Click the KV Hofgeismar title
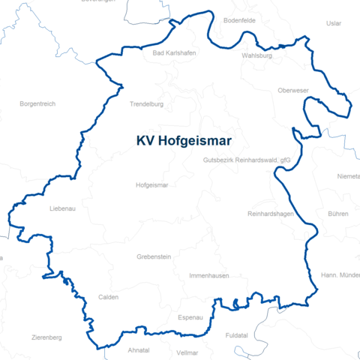click(x=184, y=140)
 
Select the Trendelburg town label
click(x=146, y=104)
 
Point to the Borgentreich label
click(x=37, y=103)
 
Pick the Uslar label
click(x=334, y=23)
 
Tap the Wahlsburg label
click(x=256, y=55)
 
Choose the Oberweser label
click(x=292, y=91)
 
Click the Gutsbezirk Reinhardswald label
click(x=246, y=160)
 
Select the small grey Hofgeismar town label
click(x=152, y=184)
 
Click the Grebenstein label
click(x=154, y=256)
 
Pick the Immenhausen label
click(x=208, y=276)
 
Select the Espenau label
click(x=190, y=317)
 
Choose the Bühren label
click(x=337, y=214)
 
